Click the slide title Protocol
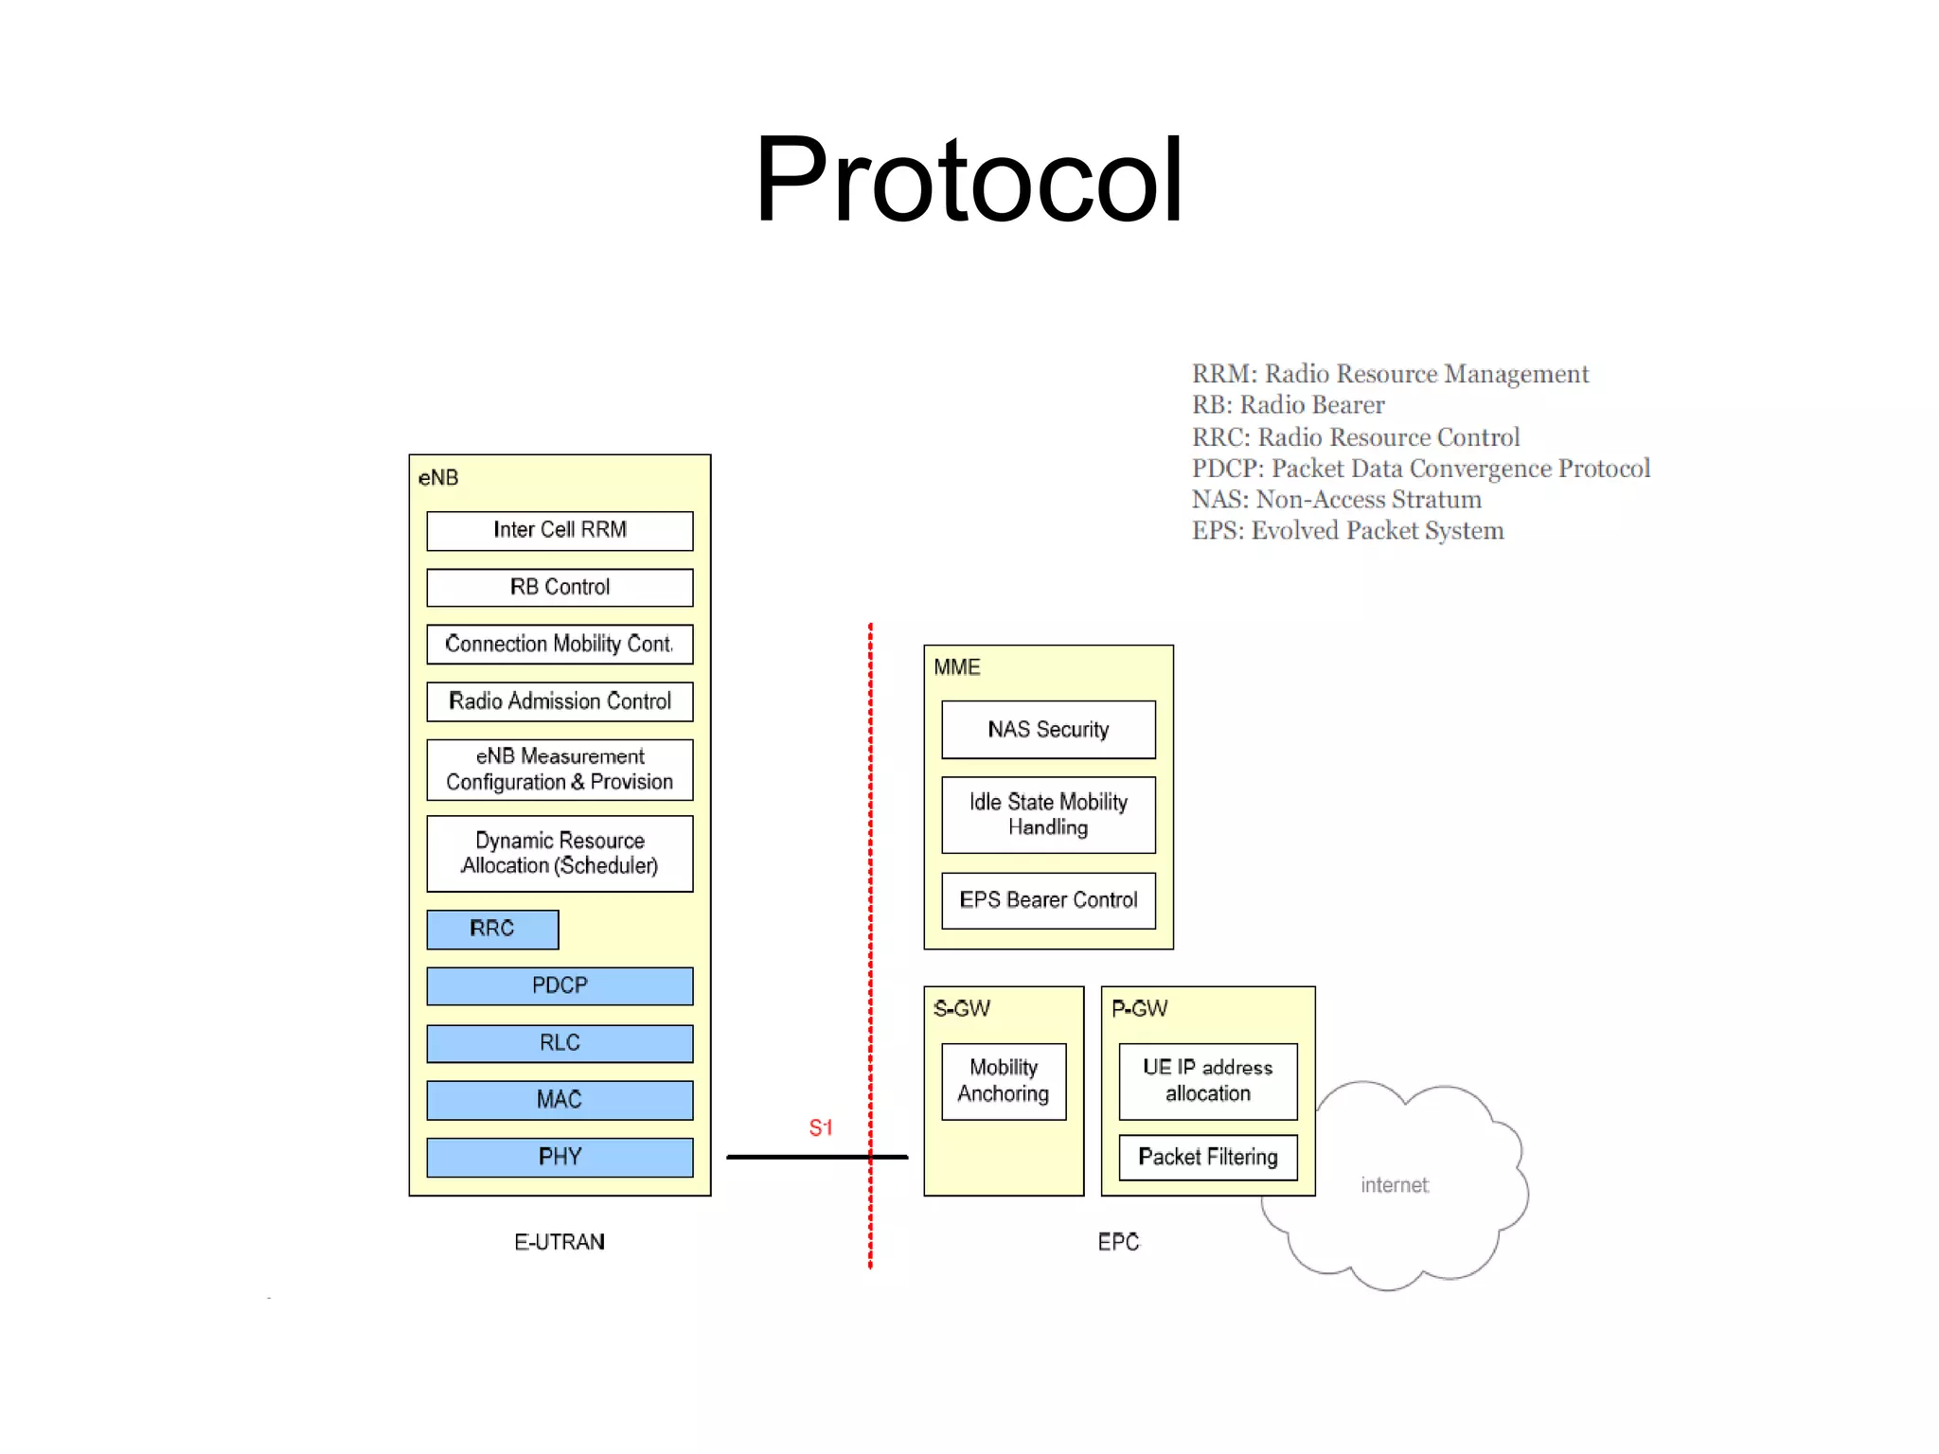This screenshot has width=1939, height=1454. (968, 180)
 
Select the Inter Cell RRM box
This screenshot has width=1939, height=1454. (560, 530)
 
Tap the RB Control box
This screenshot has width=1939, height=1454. (560, 587)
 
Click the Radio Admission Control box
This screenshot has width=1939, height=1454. (560, 701)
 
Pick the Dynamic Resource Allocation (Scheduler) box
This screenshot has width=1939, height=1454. (560, 853)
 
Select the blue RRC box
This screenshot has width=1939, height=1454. (492, 929)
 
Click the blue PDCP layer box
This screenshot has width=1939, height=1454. (560, 985)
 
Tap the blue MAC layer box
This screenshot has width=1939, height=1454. (560, 1100)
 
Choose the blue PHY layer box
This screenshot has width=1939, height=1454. (560, 1157)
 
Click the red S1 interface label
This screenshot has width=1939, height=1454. (820, 1127)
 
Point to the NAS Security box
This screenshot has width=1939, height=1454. (1048, 729)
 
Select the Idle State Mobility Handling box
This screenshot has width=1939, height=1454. (1048, 814)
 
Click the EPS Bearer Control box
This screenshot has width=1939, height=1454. (1048, 900)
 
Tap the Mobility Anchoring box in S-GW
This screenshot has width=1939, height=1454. (1004, 1081)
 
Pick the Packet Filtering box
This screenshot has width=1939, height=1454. (1208, 1157)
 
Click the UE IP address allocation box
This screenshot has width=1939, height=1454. (1208, 1081)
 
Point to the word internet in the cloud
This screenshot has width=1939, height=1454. (1394, 1185)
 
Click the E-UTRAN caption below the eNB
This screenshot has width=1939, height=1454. (560, 1242)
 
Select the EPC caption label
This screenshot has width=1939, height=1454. (1118, 1242)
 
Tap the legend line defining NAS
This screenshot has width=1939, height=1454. (1336, 500)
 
